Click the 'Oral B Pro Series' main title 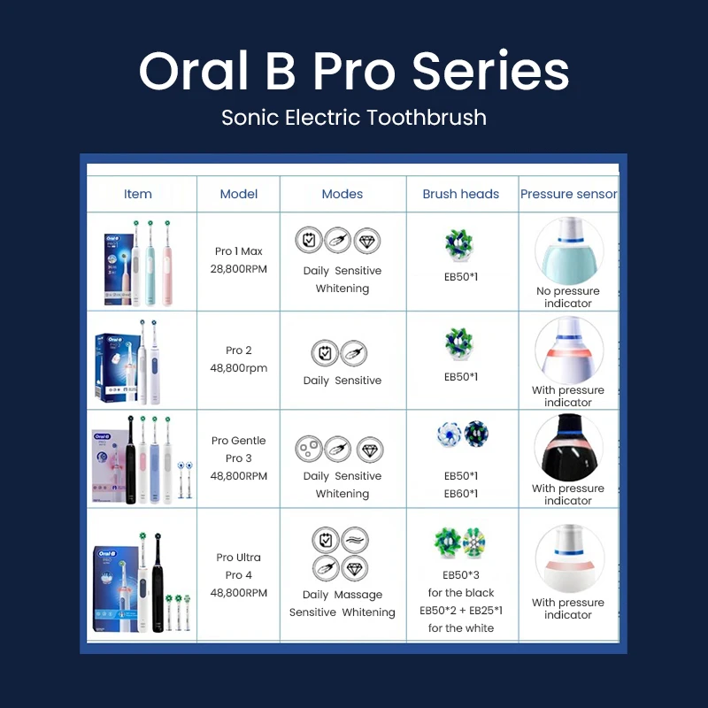[x=354, y=71]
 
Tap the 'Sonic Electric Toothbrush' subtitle [x=354, y=117]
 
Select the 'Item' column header [x=138, y=194]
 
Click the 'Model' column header [x=238, y=194]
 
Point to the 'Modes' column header [x=342, y=194]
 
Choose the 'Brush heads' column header [x=461, y=194]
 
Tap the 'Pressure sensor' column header [x=568, y=194]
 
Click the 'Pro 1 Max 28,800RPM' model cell [x=239, y=260]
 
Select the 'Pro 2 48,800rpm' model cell [x=239, y=359]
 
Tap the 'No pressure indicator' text [x=568, y=297]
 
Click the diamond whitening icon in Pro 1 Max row [x=367, y=240]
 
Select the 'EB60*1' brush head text [x=461, y=494]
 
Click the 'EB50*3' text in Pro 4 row [x=461, y=575]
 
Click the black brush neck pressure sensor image [x=568, y=447]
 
